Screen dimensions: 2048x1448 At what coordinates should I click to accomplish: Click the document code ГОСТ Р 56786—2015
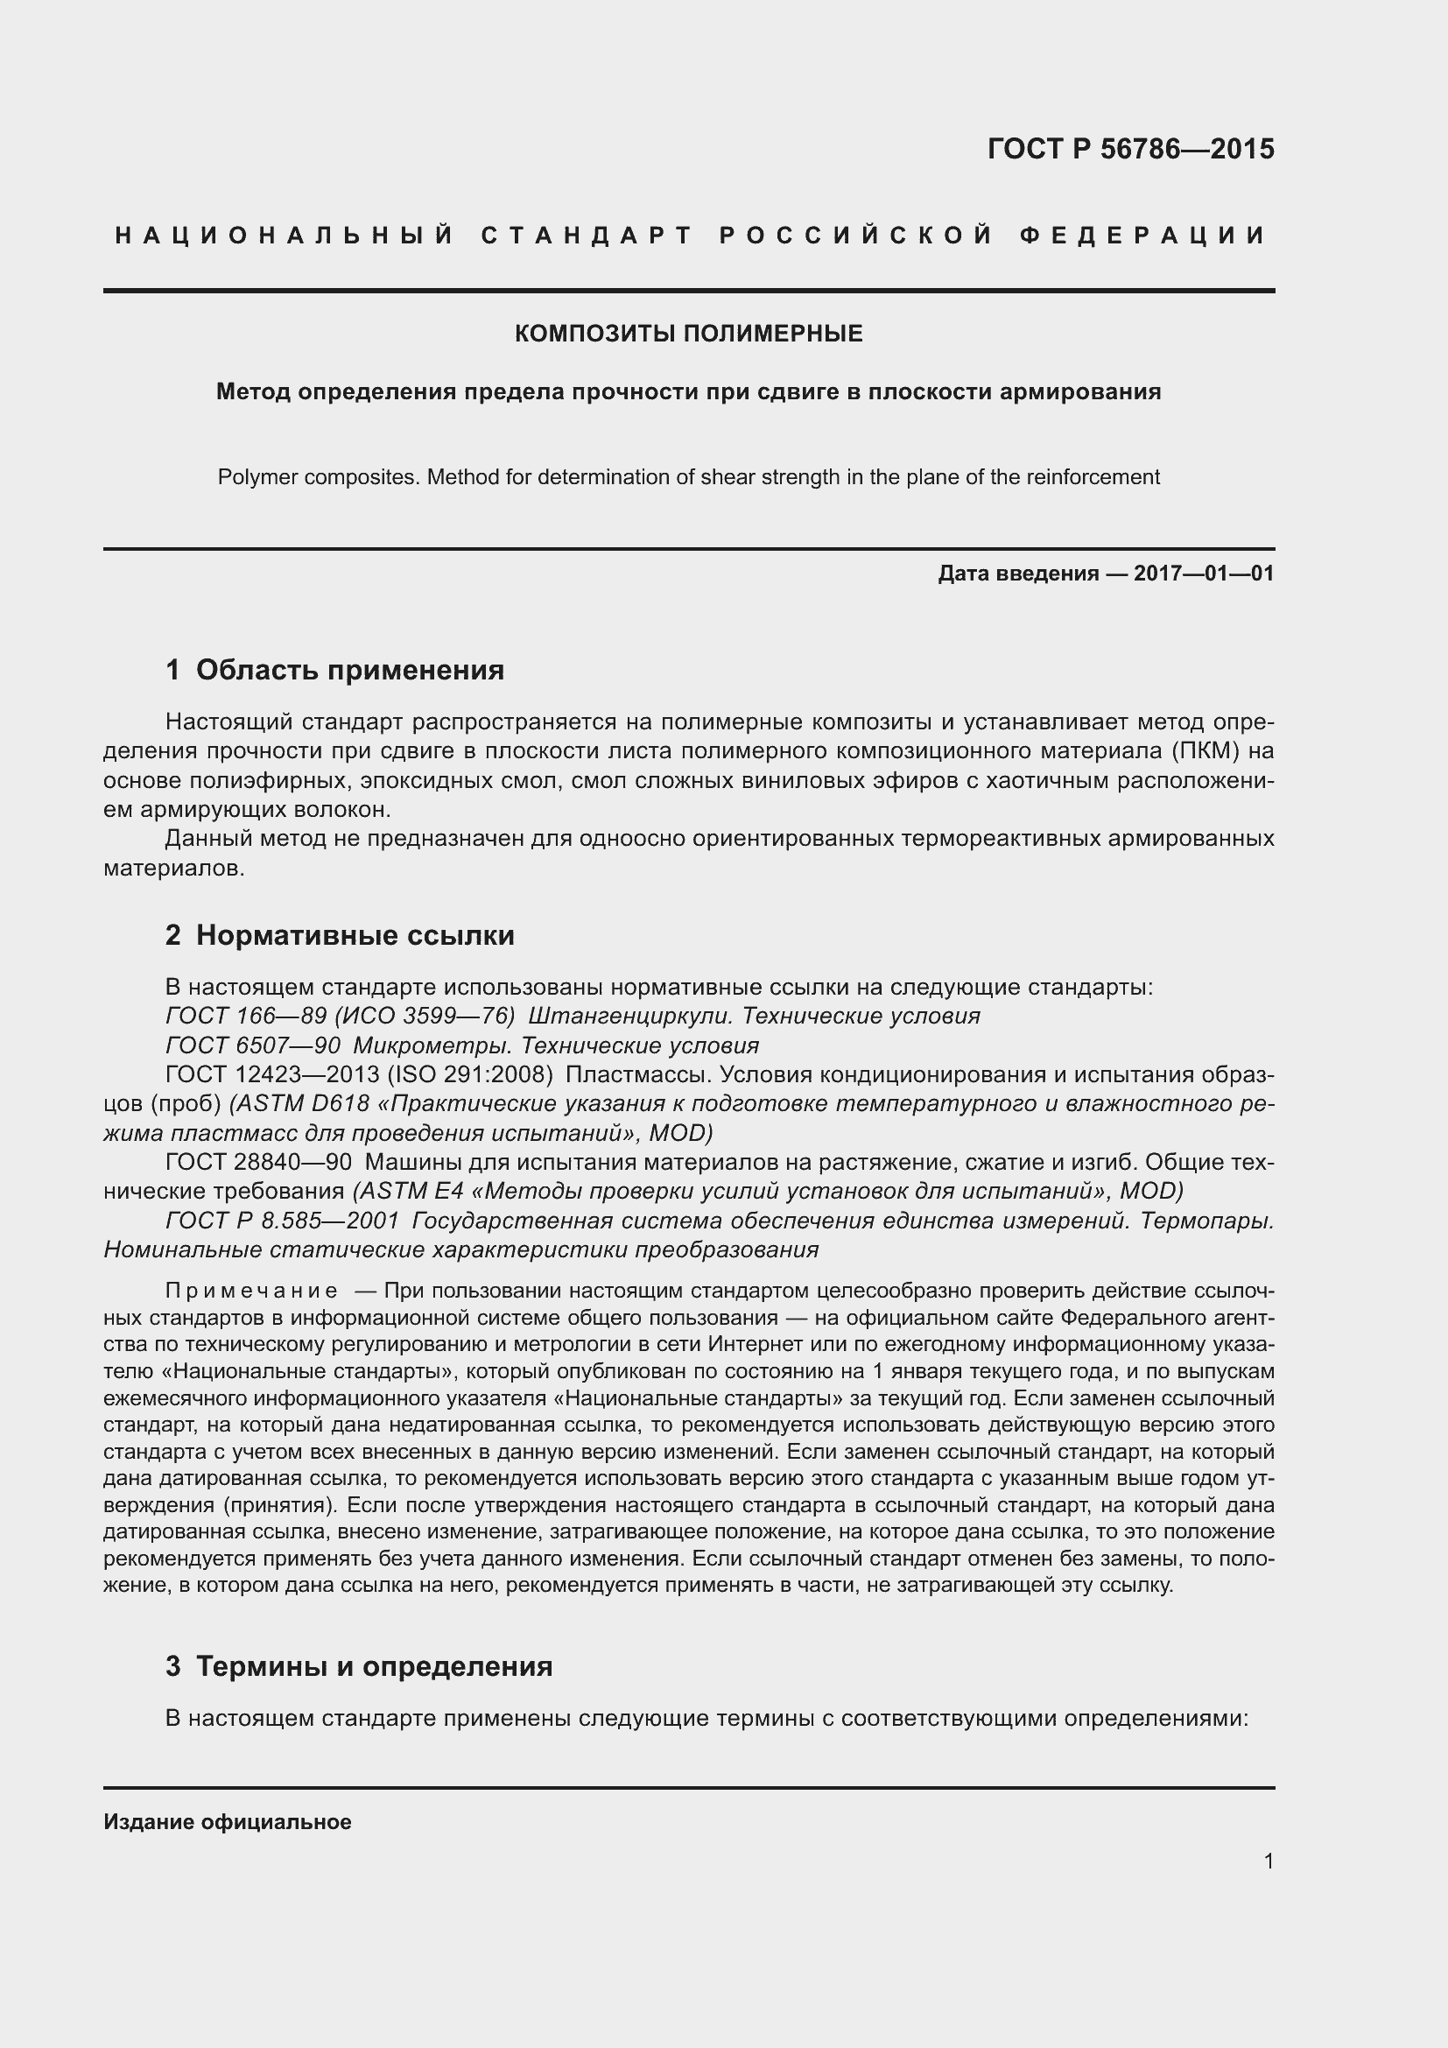(x=1129, y=149)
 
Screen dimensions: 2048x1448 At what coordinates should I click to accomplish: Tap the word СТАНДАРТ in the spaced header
(x=587, y=236)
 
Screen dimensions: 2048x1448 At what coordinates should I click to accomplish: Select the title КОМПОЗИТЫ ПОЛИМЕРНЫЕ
(x=688, y=334)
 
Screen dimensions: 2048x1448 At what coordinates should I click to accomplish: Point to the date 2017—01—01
(x=1204, y=574)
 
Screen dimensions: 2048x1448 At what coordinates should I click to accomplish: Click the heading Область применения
(x=349, y=670)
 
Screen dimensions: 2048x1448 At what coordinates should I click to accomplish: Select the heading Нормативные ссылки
(x=355, y=935)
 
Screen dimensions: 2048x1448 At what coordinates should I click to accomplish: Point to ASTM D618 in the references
(x=303, y=1103)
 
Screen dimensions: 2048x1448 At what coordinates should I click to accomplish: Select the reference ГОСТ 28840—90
(x=257, y=1162)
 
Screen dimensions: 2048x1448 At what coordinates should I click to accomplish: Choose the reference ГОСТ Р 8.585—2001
(x=282, y=1221)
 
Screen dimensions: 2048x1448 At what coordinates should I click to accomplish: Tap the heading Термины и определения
(x=374, y=1666)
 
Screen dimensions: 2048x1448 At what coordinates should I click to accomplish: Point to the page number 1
(x=1268, y=1861)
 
